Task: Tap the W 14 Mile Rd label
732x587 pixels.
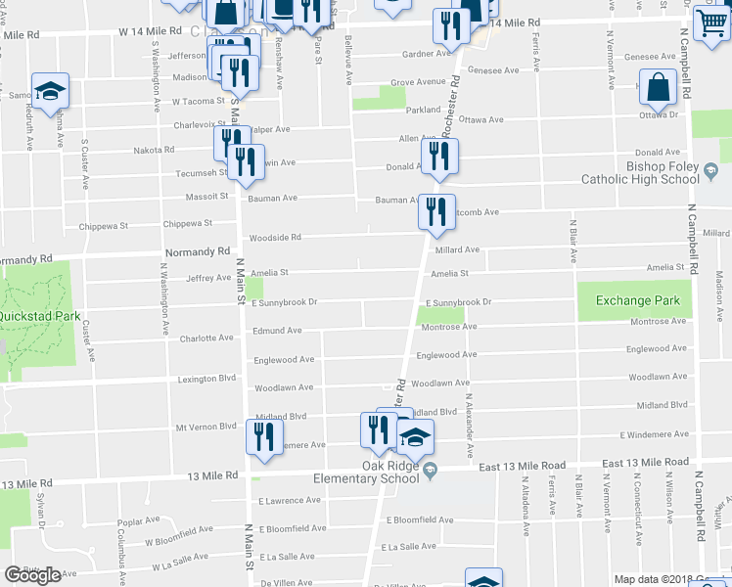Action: point(151,31)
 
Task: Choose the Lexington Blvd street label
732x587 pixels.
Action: point(207,379)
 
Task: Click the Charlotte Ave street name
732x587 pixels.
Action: point(206,339)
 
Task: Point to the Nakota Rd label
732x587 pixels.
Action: point(153,151)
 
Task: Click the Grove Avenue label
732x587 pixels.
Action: point(418,82)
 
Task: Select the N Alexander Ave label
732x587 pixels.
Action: point(471,427)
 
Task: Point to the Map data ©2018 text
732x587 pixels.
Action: point(651,579)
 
